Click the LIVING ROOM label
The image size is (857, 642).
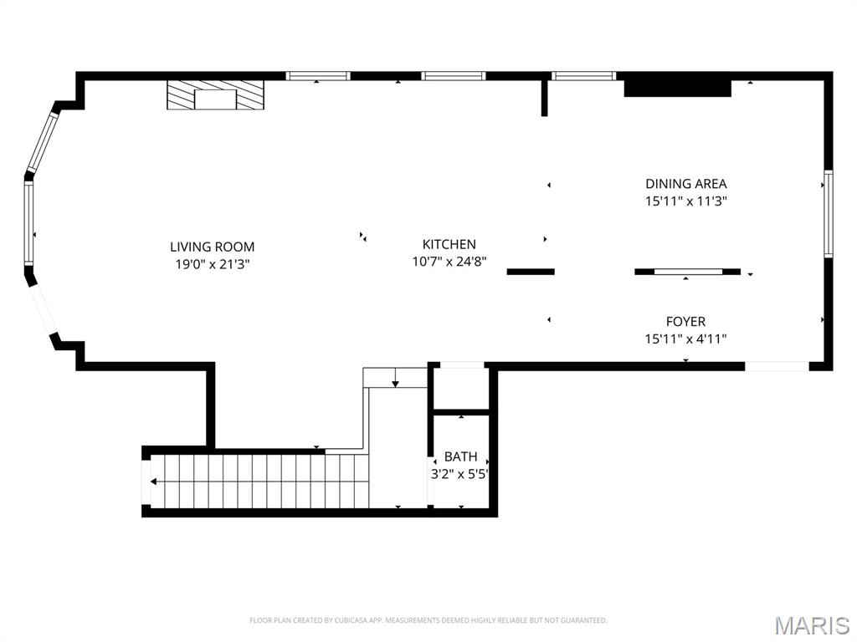[x=212, y=247]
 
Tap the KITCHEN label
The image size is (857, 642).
[x=449, y=244]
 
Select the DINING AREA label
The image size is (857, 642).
[x=685, y=183]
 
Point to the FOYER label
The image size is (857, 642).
[x=685, y=321]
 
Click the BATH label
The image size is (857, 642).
[x=460, y=456]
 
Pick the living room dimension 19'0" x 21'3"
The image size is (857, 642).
[x=212, y=264]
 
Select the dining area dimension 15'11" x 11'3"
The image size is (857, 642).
[x=685, y=201]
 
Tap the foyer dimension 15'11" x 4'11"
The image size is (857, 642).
[x=685, y=339]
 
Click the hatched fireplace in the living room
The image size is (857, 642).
[x=214, y=95]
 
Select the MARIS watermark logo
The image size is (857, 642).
[x=812, y=625]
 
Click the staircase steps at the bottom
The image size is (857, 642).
[x=259, y=481]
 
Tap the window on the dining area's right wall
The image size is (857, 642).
[x=828, y=212]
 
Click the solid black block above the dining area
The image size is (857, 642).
[x=677, y=85]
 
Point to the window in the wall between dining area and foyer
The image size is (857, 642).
[x=688, y=271]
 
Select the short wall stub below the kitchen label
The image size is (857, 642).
[x=531, y=271]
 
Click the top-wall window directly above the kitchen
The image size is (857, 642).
[x=453, y=76]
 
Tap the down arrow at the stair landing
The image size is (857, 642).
[x=395, y=381]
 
